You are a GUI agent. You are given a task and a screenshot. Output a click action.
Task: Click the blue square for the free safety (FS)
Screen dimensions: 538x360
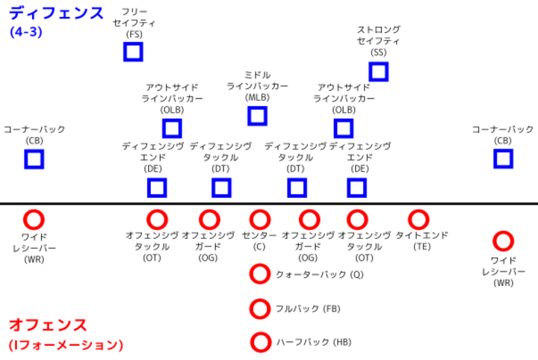tap(133, 52)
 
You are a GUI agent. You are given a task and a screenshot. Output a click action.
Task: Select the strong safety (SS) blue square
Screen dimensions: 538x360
tap(378, 72)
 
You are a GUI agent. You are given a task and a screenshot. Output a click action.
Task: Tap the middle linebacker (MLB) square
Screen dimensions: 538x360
tap(257, 116)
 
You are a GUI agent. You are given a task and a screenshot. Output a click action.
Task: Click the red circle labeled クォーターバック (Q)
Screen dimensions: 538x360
tap(260, 273)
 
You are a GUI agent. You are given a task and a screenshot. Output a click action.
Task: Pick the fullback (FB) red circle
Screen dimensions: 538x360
tap(260, 308)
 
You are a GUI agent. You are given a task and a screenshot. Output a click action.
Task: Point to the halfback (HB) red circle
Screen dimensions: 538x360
tap(261, 342)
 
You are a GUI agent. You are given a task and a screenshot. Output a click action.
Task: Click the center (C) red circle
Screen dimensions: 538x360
tap(260, 220)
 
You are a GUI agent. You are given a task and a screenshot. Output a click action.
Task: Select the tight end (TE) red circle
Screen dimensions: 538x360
tap(418, 220)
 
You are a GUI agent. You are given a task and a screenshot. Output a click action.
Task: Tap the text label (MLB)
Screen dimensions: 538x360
tap(257, 98)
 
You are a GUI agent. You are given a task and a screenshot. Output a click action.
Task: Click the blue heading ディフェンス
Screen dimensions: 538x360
tap(56, 13)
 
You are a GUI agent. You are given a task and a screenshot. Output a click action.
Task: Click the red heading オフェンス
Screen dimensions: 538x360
tap(48, 325)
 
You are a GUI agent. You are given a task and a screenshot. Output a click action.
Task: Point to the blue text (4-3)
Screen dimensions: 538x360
tap(26, 32)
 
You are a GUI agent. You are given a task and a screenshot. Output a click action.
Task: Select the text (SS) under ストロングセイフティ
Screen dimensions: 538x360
tap(378, 52)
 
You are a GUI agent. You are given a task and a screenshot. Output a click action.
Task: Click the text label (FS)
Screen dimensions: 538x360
tap(134, 34)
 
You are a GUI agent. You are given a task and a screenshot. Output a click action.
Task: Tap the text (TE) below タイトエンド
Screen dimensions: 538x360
tap(421, 246)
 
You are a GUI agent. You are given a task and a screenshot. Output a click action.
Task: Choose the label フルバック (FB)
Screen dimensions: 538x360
tap(308, 308)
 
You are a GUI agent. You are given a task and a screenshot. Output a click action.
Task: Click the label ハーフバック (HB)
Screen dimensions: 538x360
tap(314, 342)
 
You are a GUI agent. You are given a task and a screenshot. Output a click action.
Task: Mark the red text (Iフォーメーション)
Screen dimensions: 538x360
tap(66, 344)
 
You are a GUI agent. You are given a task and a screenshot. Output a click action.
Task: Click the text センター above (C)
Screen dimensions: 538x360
tap(259, 235)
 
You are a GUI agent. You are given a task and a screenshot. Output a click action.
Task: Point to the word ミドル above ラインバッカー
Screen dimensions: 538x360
tap(257, 75)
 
